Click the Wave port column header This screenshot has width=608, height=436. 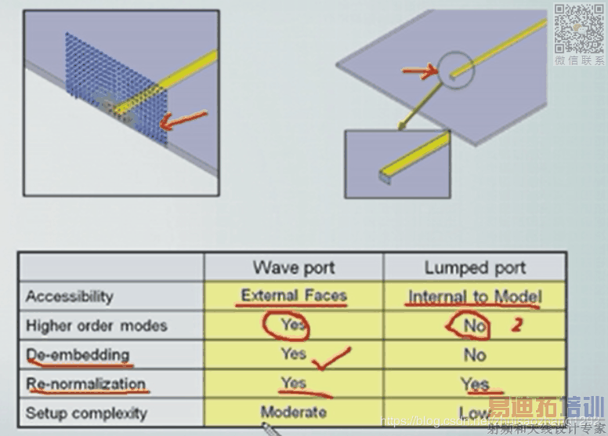294,267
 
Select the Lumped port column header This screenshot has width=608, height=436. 474,267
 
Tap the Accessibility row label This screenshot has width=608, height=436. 69,296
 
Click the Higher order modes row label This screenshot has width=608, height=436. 96,325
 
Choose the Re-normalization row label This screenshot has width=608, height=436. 85,384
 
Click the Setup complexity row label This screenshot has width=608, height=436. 85,412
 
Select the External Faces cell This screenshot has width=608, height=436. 294,296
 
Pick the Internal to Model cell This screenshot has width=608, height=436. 474,297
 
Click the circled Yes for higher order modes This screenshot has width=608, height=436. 294,325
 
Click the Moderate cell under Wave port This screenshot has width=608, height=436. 294,412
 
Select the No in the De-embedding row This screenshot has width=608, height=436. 474,355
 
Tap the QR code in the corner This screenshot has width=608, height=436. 580,28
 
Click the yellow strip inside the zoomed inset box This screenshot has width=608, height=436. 415,153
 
